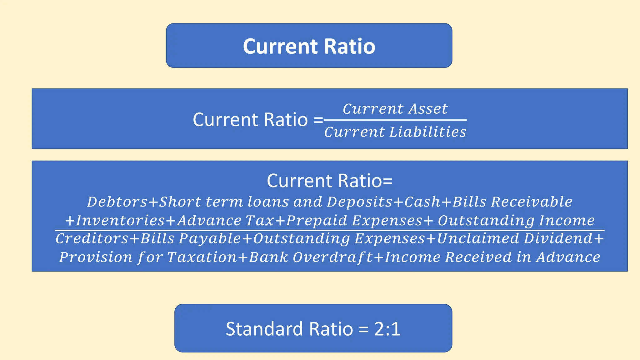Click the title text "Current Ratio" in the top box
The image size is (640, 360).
tap(309, 46)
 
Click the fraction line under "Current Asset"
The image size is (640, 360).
tap(395, 120)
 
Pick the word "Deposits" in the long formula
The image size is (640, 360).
tap(359, 202)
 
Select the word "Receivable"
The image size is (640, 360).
tap(532, 202)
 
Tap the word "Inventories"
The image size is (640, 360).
tap(120, 221)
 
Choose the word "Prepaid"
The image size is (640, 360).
tap(317, 221)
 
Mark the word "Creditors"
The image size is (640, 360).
tap(92, 239)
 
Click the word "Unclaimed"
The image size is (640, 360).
tap(478, 239)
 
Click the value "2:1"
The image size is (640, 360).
tap(387, 329)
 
